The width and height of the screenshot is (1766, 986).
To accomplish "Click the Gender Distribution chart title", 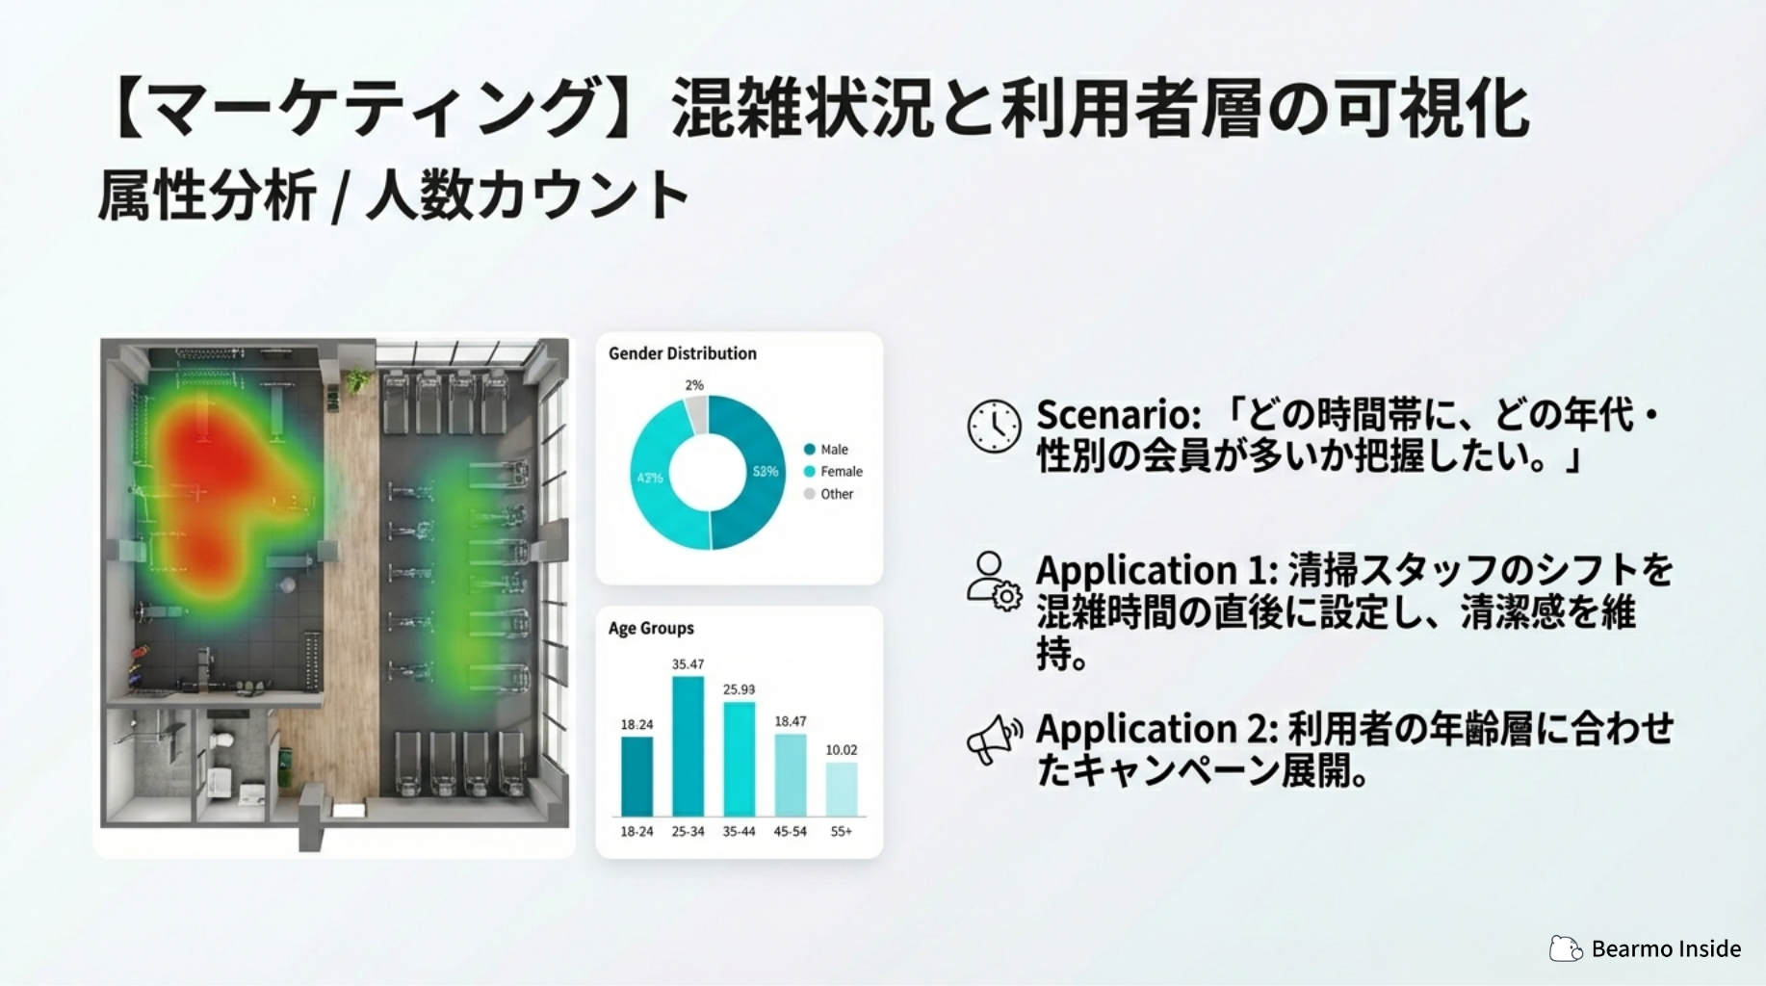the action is (x=682, y=353).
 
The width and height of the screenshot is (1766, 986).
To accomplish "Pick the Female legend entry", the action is (x=833, y=471).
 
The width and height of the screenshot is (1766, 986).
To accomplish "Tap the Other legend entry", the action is (x=829, y=494).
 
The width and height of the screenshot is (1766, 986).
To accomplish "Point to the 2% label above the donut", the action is (x=694, y=385).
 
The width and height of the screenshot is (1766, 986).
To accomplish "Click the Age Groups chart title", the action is (x=651, y=628).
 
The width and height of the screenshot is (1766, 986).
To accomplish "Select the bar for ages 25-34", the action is (x=688, y=746).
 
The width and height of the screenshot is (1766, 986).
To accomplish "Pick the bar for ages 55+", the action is (x=841, y=790).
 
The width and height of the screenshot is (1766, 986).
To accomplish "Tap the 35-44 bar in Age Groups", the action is (x=739, y=759).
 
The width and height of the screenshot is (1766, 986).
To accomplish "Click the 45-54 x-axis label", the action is (x=790, y=831).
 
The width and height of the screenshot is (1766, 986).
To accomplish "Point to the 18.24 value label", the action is (x=636, y=724).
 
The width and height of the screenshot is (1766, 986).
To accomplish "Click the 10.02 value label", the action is (x=841, y=749).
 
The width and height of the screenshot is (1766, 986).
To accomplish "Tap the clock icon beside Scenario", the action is (x=994, y=426).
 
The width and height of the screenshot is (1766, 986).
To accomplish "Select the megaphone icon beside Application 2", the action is (x=995, y=739).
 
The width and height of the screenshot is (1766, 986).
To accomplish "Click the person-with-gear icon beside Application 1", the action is (x=994, y=582).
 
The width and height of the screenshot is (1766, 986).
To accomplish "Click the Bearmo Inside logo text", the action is (x=1666, y=948).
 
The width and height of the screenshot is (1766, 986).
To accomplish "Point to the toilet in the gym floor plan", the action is (x=221, y=743).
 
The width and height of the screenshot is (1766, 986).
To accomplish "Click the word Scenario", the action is (x=1118, y=415).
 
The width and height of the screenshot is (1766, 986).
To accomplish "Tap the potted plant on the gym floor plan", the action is (x=357, y=380).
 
